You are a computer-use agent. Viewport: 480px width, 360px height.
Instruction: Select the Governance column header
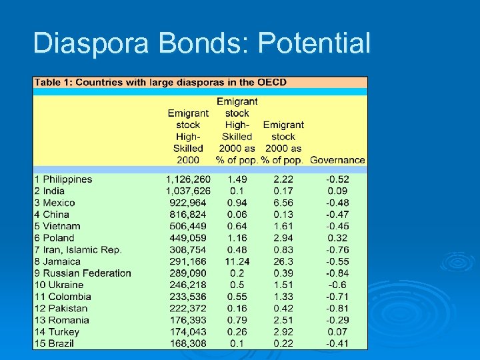tap(337, 160)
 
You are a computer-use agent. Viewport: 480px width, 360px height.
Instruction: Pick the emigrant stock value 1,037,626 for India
tap(188, 191)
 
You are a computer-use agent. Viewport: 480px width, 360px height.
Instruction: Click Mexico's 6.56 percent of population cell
tap(283, 203)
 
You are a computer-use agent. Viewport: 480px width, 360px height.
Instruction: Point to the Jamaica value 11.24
tap(237, 261)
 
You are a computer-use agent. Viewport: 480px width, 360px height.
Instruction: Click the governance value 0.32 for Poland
tap(337, 238)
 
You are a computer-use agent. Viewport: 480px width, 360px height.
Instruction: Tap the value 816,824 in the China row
tap(188, 215)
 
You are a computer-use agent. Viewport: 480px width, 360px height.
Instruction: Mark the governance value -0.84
tap(337, 273)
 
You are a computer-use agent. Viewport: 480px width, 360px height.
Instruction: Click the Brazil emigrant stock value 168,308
tap(188, 343)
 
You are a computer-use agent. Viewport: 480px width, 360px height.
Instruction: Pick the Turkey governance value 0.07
tap(337, 331)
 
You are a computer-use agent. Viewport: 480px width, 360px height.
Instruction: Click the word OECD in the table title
tap(272, 83)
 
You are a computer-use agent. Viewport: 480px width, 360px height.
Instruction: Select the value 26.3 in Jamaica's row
tap(283, 261)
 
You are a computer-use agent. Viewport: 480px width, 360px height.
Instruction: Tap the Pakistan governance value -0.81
tap(337, 308)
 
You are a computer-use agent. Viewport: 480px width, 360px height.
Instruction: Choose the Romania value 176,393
tap(188, 320)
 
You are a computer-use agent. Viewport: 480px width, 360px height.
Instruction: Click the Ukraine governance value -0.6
tap(337, 285)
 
